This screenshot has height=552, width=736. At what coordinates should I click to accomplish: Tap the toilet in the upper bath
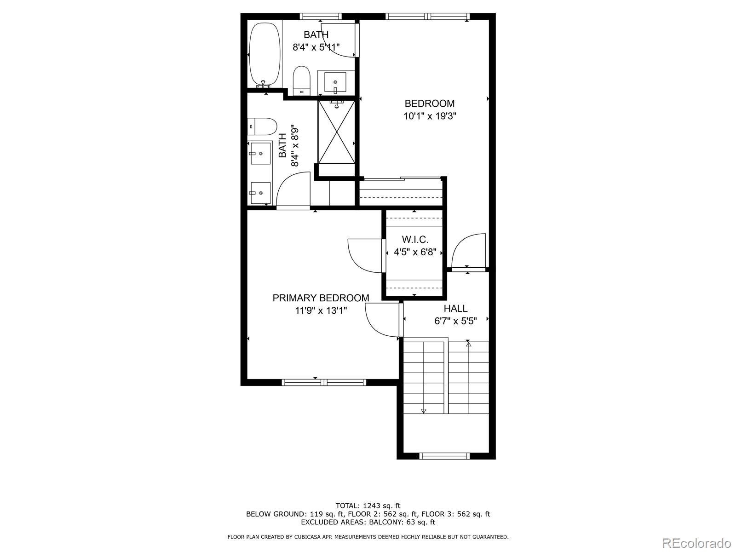302,80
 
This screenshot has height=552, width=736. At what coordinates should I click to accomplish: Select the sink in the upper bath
336,83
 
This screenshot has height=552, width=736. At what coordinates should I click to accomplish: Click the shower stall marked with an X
337,132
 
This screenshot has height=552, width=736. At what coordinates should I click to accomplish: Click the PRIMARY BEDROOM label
321,298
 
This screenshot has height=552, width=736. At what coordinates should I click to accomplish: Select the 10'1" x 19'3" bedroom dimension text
430,116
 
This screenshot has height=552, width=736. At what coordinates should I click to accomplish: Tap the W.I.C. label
415,240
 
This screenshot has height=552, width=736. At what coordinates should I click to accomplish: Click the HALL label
455,309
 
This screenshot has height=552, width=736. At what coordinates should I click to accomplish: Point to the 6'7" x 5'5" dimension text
455,321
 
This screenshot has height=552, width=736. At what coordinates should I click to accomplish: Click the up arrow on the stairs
468,344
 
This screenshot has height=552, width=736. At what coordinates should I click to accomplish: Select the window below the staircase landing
444,456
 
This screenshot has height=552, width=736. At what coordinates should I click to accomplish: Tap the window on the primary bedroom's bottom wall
324,382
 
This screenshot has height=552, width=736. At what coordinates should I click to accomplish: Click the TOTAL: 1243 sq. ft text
368,506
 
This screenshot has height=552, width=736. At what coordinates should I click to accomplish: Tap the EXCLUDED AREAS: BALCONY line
368,522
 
